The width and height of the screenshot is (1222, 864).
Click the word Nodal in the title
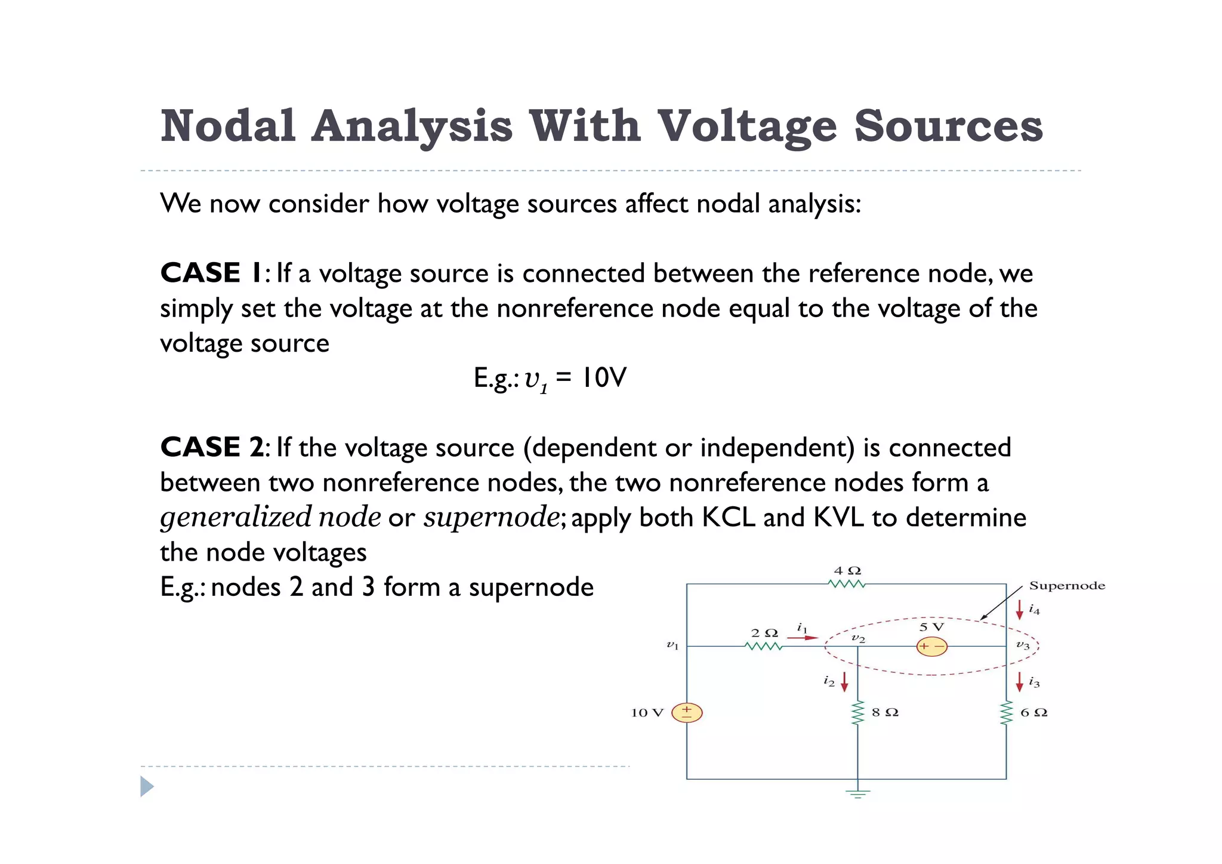pyautogui.click(x=229, y=126)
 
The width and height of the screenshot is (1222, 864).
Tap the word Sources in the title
pyautogui.click(x=948, y=126)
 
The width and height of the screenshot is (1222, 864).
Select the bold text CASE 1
pyautogui.click(x=211, y=273)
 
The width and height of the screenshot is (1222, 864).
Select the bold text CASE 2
pyautogui.click(x=212, y=447)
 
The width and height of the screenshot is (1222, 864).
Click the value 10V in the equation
pyautogui.click(x=604, y=377)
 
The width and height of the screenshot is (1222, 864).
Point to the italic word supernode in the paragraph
pyautogui.click(x=491, y=517)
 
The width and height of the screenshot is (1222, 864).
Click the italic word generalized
pyautogui.click(x=236, y=517)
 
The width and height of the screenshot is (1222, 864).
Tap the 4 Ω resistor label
pyautogui.click(x=847, y=571)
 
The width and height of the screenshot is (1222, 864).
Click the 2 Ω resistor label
pyautogui.click(x=764, y=633)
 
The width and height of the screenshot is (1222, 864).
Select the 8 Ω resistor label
pyautogui.click(x=885, y=712)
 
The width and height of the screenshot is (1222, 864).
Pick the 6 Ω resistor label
pyautogui.click(x=1033, y=712)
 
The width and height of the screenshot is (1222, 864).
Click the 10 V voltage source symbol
pyautogui.click(x=687, y=712)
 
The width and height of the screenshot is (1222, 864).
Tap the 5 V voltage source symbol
pyautogui.click(x=931, y=647)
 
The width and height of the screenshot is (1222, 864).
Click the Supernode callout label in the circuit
pyautogui.click(x=1067, y=586)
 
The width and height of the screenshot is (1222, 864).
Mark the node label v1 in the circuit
pyautogui.click(x=672, y=645)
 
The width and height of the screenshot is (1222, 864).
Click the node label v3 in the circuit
pyautogui.click(x=1023, y=645)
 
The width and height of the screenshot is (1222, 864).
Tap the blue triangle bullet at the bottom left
pyautogui.click(x=147, y=786)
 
